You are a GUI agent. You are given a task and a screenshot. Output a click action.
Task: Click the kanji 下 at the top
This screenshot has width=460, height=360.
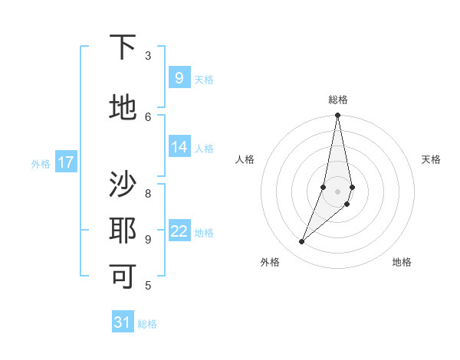coord(123,48)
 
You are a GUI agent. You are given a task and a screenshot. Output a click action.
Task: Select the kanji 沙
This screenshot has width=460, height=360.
coord(123,185)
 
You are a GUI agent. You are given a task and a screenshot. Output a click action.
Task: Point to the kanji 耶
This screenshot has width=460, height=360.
coord(123,230)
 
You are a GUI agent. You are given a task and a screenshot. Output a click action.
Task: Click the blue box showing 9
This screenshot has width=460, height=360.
coord(179,78)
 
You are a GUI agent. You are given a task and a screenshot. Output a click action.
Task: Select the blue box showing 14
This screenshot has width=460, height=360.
coord(179,147)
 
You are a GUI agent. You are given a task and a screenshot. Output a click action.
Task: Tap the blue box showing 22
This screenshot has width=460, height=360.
coord(179,231)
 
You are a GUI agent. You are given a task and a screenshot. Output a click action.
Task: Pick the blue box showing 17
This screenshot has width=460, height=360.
coord(66,162)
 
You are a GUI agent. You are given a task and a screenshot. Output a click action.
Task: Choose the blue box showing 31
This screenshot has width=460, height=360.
coord(123,322)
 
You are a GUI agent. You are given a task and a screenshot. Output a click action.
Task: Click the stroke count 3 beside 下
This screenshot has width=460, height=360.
coord(148,56)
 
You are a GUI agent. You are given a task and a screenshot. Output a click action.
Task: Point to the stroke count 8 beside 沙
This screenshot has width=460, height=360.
coord(148,184)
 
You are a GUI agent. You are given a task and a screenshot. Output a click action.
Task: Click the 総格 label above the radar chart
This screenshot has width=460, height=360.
coord(337,100)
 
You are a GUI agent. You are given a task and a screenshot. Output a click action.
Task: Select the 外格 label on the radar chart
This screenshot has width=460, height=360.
coord(270,262)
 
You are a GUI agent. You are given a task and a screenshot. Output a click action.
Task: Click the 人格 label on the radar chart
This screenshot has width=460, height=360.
coord(245,159)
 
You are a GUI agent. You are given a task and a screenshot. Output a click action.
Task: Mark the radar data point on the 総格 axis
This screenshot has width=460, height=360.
coord(337,116)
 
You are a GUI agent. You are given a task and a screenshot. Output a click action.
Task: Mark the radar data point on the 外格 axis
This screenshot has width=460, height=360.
coord(301,242)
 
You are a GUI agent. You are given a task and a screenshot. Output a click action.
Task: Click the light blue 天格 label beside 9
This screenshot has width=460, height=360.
coord(204,80)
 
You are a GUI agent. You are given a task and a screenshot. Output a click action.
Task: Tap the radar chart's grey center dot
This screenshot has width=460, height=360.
coord(337,191)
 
